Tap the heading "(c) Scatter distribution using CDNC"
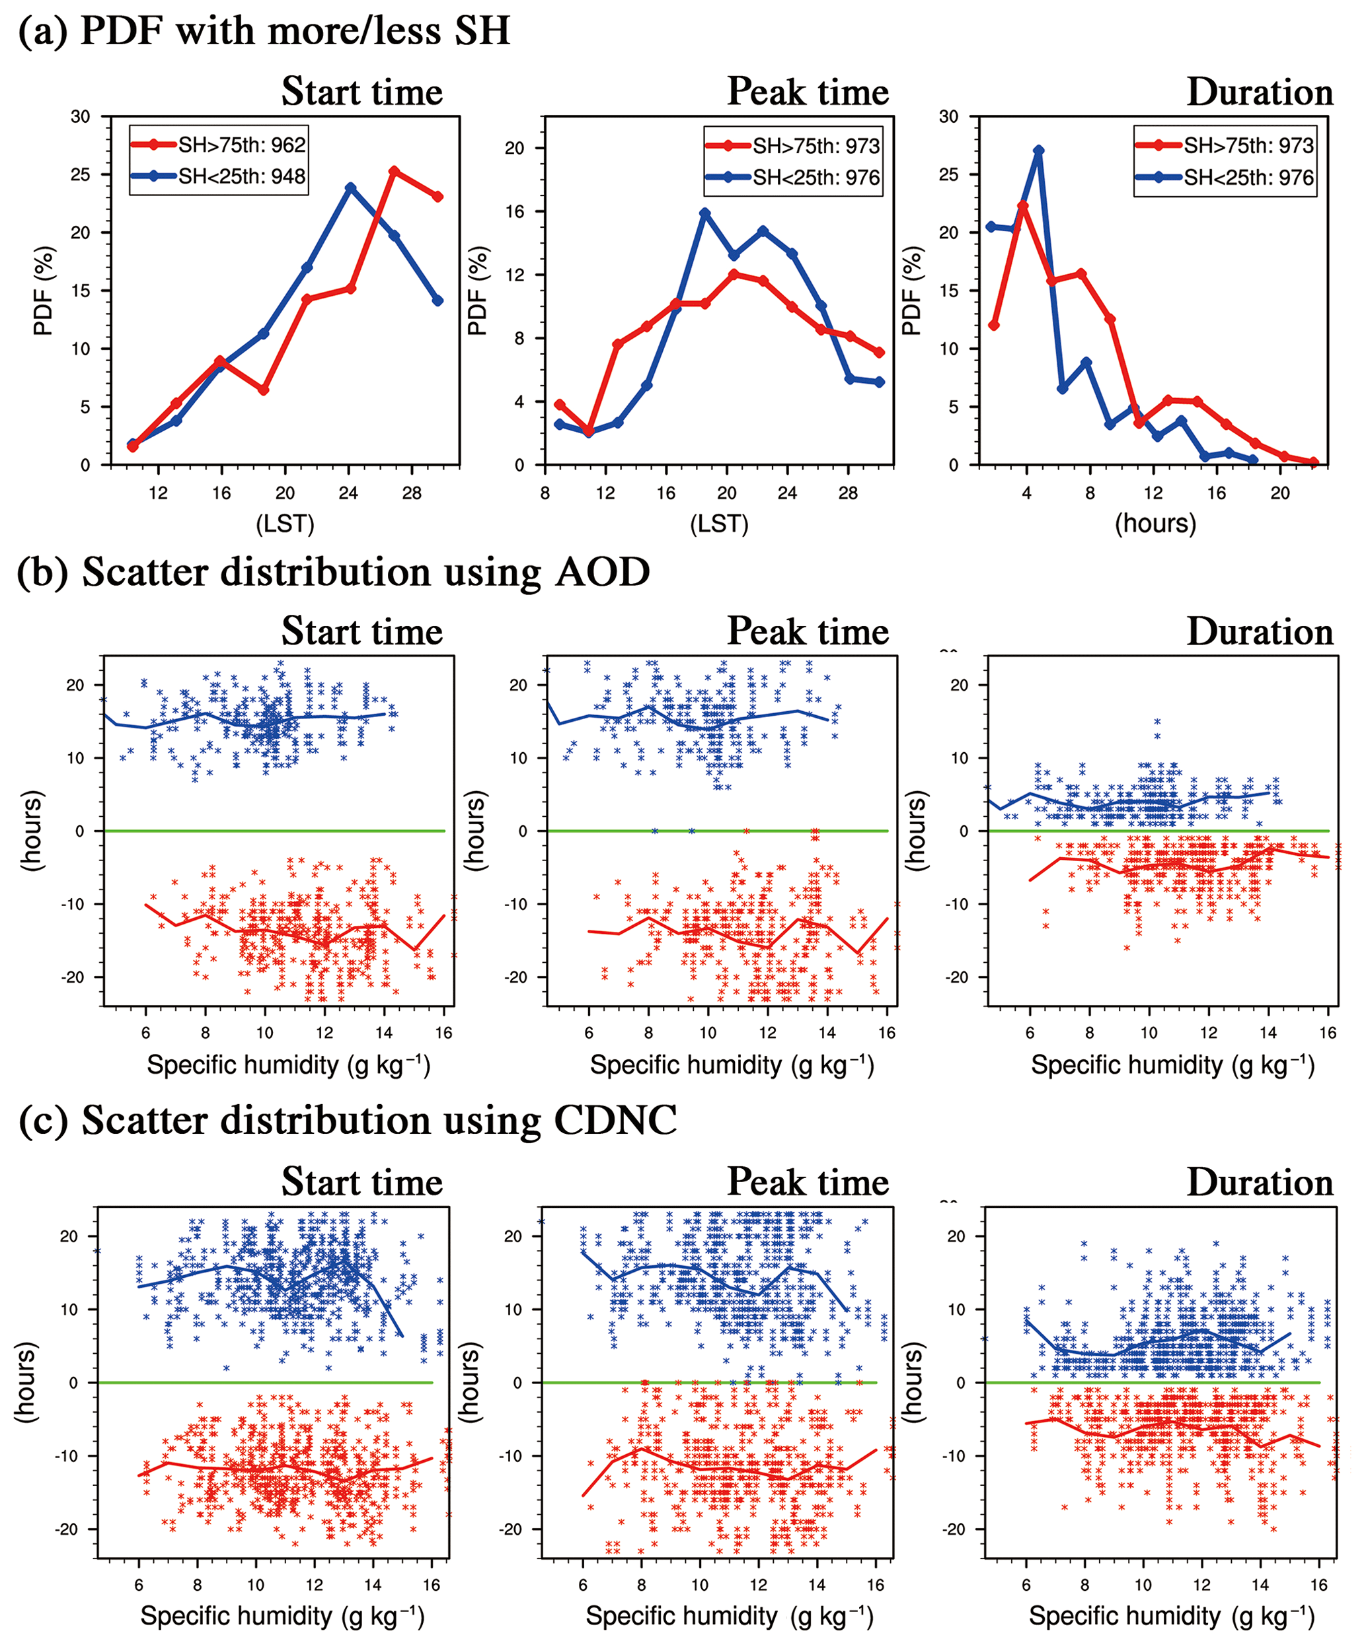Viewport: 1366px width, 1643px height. click(x=347, y=1121)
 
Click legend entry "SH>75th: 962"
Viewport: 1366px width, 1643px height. click(x=241, y=145)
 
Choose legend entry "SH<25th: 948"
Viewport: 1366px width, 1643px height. click(x=241, y=176)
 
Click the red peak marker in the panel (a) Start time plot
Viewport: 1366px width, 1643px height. click(x=394, y=171)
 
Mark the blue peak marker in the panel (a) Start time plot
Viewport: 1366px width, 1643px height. click(x=350, y=188)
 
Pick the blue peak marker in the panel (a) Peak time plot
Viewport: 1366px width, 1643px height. click(x=705, y=213)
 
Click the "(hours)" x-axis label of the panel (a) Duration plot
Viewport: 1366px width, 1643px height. click(x=1155, y=522)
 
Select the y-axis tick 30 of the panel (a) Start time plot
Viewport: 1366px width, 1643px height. click(x=81, y=117)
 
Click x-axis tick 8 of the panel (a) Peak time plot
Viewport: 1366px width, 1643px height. click(x=545, y=493)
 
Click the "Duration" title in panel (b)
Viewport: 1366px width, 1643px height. click(x=1260, y=632)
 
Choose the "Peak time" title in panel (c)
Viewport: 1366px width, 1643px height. click(x=808, y=1181)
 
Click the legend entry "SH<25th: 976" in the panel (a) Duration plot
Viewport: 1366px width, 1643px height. click(x=1248, y=178)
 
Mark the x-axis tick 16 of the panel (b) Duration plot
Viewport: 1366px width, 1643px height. click(x=1328, y=1033)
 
